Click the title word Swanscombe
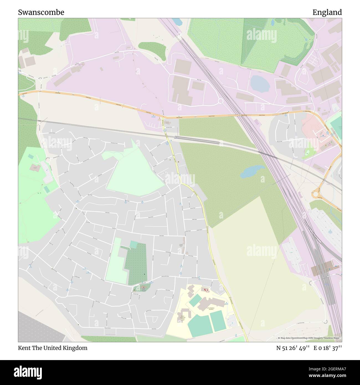[41, 12]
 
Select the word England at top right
[327, 12]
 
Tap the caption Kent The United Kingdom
[53, 348]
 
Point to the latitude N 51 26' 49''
[293, 348]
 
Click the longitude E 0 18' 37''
[328, 348]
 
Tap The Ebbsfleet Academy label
[212, 308]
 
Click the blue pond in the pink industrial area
[260, 83]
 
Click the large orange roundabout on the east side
[317, 194]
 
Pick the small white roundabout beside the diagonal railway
[220, 101]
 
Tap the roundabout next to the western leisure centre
[48, 160]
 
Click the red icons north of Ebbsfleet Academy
[206, 290]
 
